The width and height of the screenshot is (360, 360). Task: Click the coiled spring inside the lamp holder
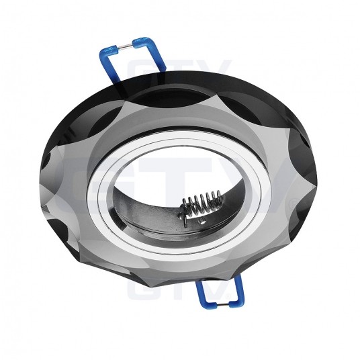[x=200, y=204]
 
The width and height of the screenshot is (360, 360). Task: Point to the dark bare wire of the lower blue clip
[x=222, y=304]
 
